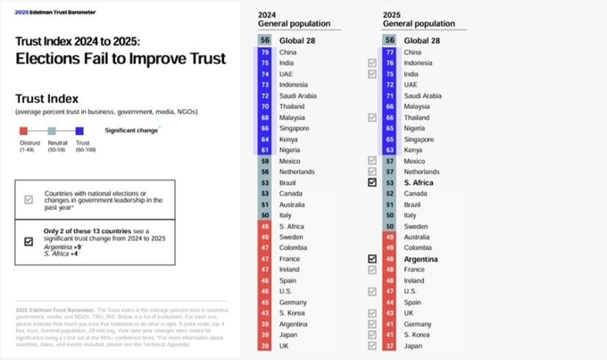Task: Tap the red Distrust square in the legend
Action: pyautogui.click(x=25, y=130)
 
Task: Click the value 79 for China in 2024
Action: pyautogui.click(x=264, y=53)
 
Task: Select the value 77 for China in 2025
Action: pyautogui.click(x=389, y=53)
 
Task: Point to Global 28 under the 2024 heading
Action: pyautogui.click(x=297, y=40)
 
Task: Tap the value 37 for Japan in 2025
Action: pyautogui.click(x=389, y=346)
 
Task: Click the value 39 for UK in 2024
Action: pyautogui.click(x=264, y=346)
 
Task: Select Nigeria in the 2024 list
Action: pyautogui.click(x=292, y=150)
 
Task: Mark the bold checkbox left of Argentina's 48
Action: pyautogui.click(x=371, y=258)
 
